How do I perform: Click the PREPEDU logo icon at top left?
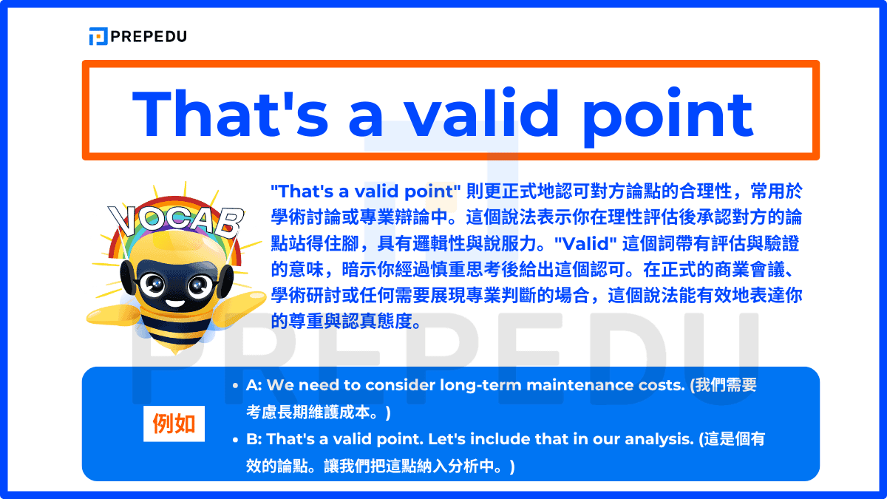[x=98, y=36]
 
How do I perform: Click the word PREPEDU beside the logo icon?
[x=149, y=37]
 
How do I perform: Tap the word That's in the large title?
[x=231, y=114]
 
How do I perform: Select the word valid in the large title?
[x=481, y=113]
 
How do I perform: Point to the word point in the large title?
[x=667, y=117]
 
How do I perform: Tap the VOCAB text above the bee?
[x=176, y=220]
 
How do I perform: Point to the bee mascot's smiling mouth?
[x=175, y=304]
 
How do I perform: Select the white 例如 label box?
[x=174, y=424]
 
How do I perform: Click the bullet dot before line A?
[x=236, y=386]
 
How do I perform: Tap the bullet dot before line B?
[x=236, y=440]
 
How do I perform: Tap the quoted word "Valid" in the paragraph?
[x=585, y=243]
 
